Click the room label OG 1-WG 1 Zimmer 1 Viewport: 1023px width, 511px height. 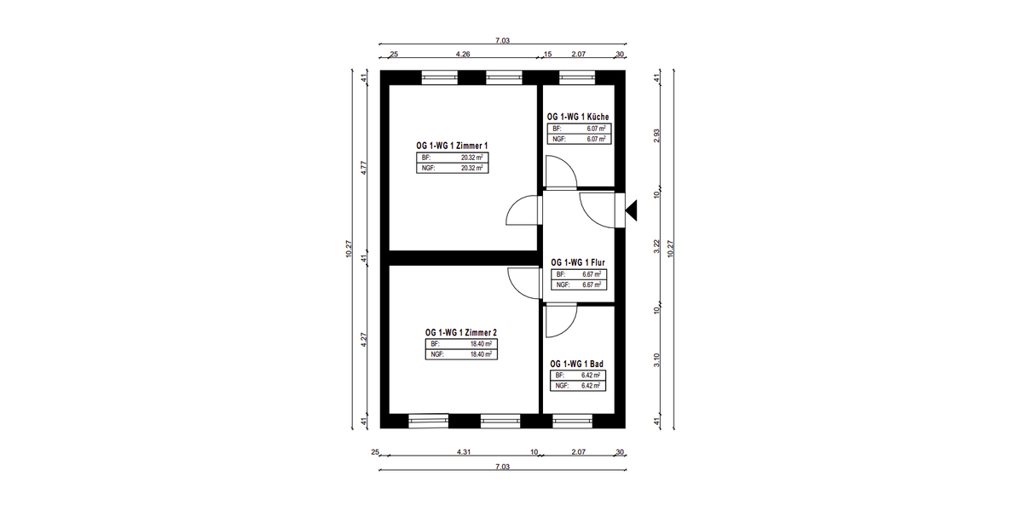pyautogui.click(x=452, y=146)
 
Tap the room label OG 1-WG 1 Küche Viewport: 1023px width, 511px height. pyautogui.click(x=578, y=117)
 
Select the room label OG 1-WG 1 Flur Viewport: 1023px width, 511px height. pyautogui.click(x=578, y=262)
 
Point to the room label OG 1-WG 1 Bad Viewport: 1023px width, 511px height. pyautogui.click(x=576, y=364)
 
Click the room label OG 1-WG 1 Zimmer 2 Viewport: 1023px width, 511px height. pyautogui.click(x=461, y=333)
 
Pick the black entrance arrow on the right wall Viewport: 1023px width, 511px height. pyautogui.click(x=631, y=210)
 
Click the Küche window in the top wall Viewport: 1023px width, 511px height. pyautogui.click(x=577, y=78)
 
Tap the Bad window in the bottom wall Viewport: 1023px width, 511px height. pyautogui.click(x=572, y=421)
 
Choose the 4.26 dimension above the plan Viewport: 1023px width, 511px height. pyautogui.click(x=463, y=54)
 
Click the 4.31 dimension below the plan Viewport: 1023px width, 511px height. pyautogui.click(x=464, y=451)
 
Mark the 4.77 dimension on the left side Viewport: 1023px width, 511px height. pyautogui.click(x=364, y=168)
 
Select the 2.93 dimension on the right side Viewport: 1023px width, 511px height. pyautogui.click(x=656, y=135)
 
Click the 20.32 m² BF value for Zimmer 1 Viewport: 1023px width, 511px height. pyautogui.click(x=471, y=158)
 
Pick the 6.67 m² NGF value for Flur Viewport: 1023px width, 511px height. pyautogui.click(x=592, y=284)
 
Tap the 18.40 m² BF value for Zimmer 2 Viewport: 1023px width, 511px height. pyautogui.click(x=482, y=344)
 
